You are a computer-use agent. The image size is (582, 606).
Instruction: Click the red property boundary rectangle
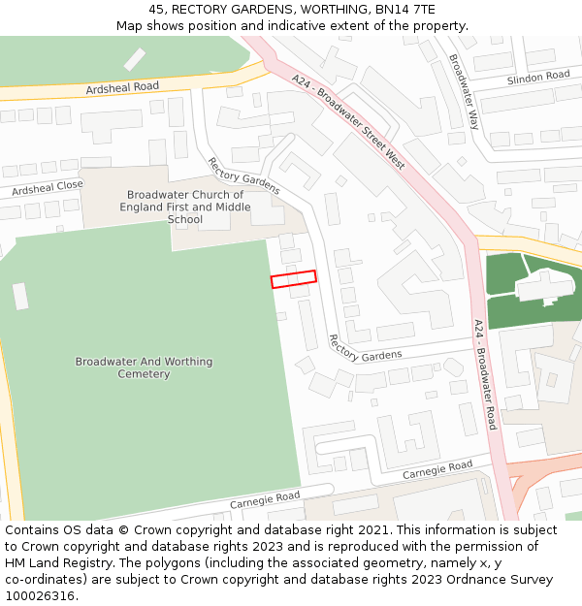click(x=293, y=279)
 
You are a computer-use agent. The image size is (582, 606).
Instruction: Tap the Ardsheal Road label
click(x=122, y=87)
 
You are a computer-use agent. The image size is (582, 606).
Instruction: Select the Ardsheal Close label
click(x=48, y=187)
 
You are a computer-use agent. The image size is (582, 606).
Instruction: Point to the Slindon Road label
click(x=537, y=77)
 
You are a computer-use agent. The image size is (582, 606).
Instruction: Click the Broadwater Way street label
click(x=465, y=92)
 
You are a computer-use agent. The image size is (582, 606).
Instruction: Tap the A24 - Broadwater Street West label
click(x=348, y=121)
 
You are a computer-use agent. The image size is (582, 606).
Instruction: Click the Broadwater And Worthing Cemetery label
click(x=144, y=367)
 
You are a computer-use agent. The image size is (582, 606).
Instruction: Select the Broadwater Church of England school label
click(x=185, y=207)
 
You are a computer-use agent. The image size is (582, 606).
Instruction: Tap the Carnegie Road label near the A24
click(x=437, y=470)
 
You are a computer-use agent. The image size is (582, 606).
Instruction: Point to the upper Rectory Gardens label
click(x=243, y=175)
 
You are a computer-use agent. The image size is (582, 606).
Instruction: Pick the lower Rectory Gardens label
click(x=365, y=348)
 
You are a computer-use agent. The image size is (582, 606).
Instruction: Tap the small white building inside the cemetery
click(x=20, y=296)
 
